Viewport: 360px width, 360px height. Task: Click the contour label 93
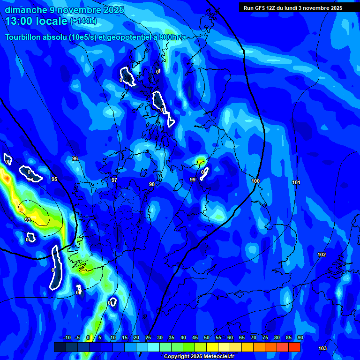[x=28, y=220]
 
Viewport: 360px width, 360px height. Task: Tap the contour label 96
[x=75, y=159]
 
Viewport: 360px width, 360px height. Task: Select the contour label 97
[x=114, y=180]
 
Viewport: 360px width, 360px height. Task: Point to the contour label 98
[x=152, y=185]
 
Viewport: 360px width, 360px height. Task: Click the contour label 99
[x=193, y=180]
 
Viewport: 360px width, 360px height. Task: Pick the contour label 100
[x=255, y=181]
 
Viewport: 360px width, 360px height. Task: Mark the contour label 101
[x=296, y=182]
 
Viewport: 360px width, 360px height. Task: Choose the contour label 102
[x=322, y=255]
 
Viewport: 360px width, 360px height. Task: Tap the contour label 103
[x=322, y=348]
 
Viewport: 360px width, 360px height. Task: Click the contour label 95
[x=54, y=179]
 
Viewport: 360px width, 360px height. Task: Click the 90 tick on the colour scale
[x=300, y=337]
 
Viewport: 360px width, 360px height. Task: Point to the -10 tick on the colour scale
[x=67, y=337]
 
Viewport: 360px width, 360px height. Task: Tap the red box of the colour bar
[x=294, y=347]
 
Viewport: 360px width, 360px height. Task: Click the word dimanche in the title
[x=26, y=10]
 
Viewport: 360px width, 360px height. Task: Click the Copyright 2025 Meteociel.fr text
[x=198, y=357]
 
